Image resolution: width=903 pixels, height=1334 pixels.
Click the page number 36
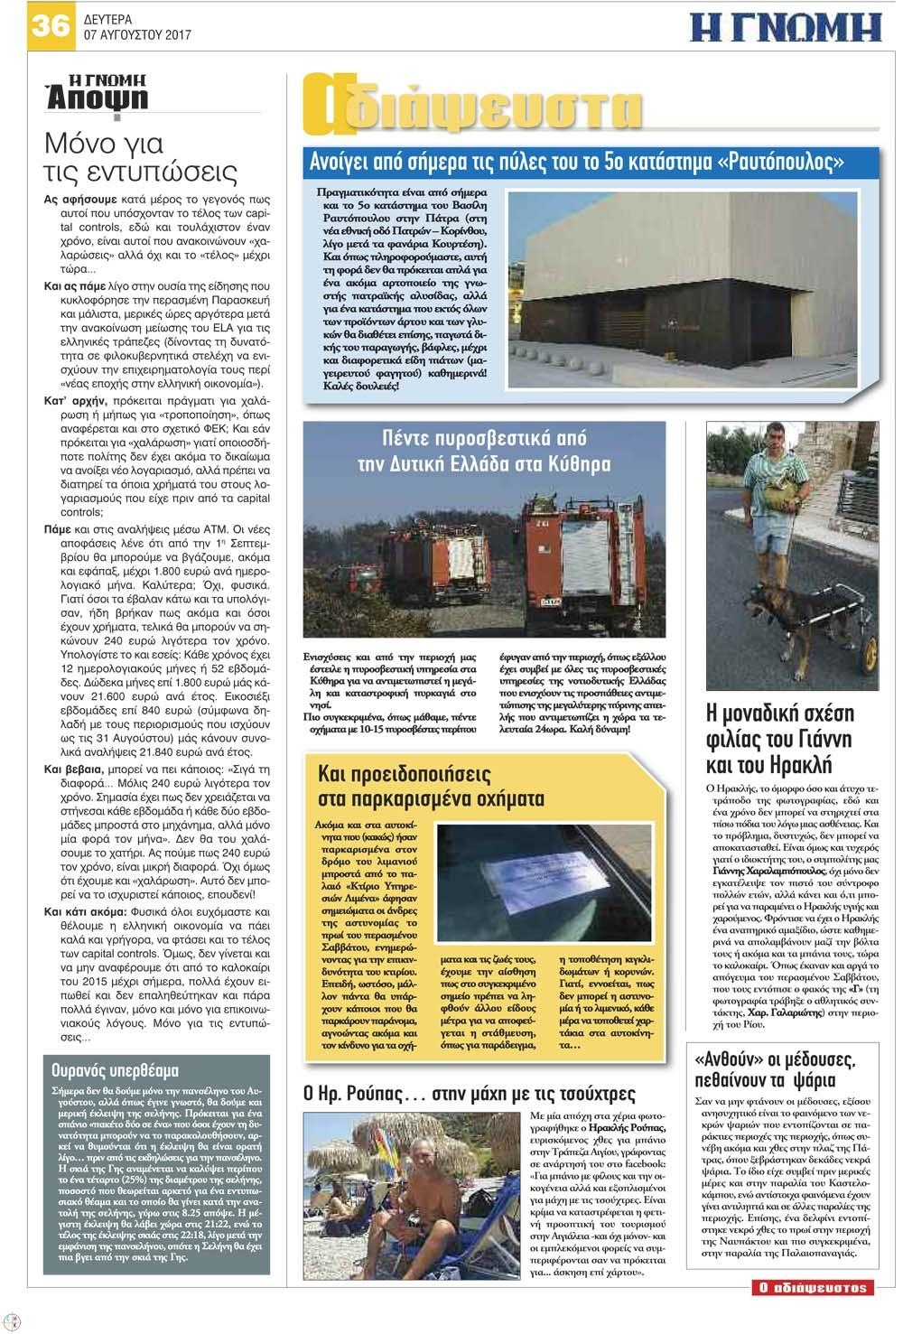point(50,24)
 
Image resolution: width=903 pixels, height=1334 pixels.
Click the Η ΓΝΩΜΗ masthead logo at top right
point(785,28)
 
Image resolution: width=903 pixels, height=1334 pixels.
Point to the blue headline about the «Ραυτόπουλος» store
point(578,163)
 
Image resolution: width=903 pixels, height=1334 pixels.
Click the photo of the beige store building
point(690,289)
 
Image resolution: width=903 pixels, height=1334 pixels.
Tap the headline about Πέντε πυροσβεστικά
point(484,452)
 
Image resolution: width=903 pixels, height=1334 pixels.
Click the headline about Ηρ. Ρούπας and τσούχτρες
point(470,1094)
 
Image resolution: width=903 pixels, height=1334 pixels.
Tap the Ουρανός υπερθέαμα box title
point(116,1071)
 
